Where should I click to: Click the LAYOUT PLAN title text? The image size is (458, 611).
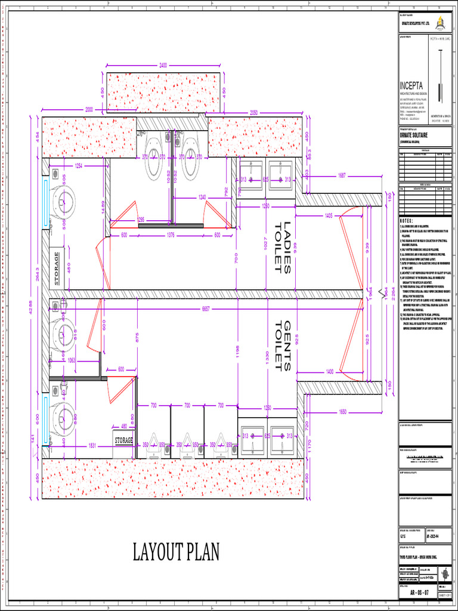[x=176, y=552]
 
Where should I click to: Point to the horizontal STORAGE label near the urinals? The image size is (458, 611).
[x=124, y=440]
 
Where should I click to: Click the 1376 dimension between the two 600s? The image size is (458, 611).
[x=175, y=234]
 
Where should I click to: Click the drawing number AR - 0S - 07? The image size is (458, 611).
[x=421, y=594]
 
